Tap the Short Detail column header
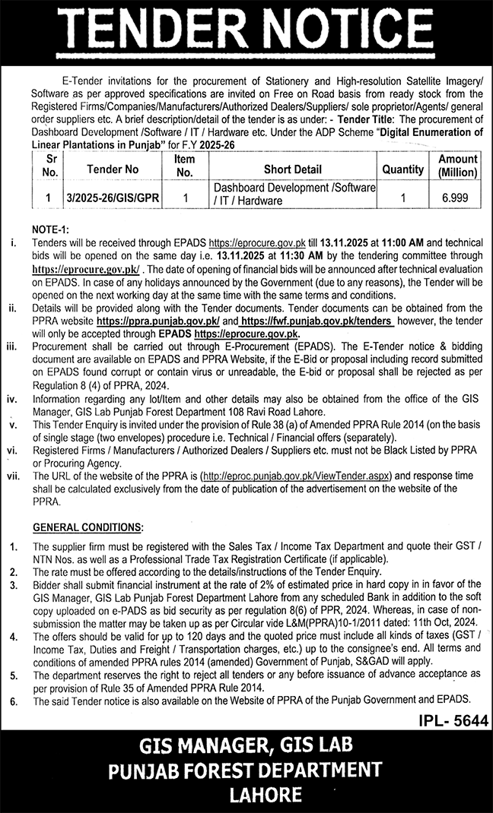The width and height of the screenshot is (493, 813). tap(293, 170)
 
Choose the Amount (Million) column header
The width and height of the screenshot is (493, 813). tap(457, 165)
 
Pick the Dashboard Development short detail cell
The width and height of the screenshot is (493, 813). tap(294, 195)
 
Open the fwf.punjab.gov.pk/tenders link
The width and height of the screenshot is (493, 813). tap(316, 322)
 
